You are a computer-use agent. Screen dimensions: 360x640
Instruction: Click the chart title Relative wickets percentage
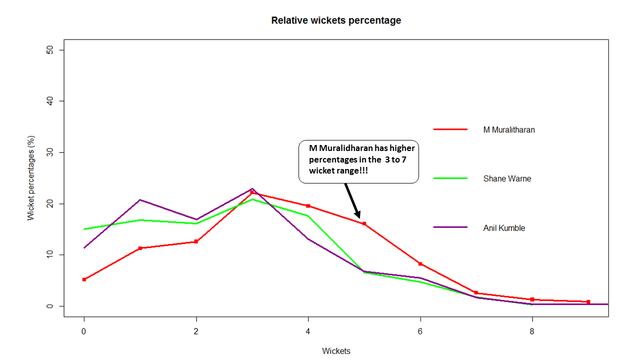click(336, 20)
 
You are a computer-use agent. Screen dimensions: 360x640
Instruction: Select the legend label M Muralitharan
click(509, 130)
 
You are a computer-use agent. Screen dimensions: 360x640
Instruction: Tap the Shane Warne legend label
click(507, 178)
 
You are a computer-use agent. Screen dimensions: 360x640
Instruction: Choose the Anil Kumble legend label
click(504, 228)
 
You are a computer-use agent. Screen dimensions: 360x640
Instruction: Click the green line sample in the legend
click(450, 178)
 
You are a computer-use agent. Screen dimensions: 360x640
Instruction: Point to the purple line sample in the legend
click(450, 227)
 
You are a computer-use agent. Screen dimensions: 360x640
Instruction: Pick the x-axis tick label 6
click(420, 331)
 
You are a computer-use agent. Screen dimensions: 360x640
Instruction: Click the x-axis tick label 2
click(196, 331)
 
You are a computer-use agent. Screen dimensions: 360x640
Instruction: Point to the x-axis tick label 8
click(532, 331)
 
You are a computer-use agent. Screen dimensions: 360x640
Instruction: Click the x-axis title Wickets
click(336, 351)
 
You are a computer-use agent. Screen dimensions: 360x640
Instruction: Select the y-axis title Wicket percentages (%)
click(31, 178)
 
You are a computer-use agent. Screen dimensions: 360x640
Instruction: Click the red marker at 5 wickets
click(364, 224)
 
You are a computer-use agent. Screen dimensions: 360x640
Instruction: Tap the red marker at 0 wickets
click(84, 279)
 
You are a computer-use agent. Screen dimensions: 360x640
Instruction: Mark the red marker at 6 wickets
click(420, 263)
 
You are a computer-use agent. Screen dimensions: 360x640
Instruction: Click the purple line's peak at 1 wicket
click(140, 200)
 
